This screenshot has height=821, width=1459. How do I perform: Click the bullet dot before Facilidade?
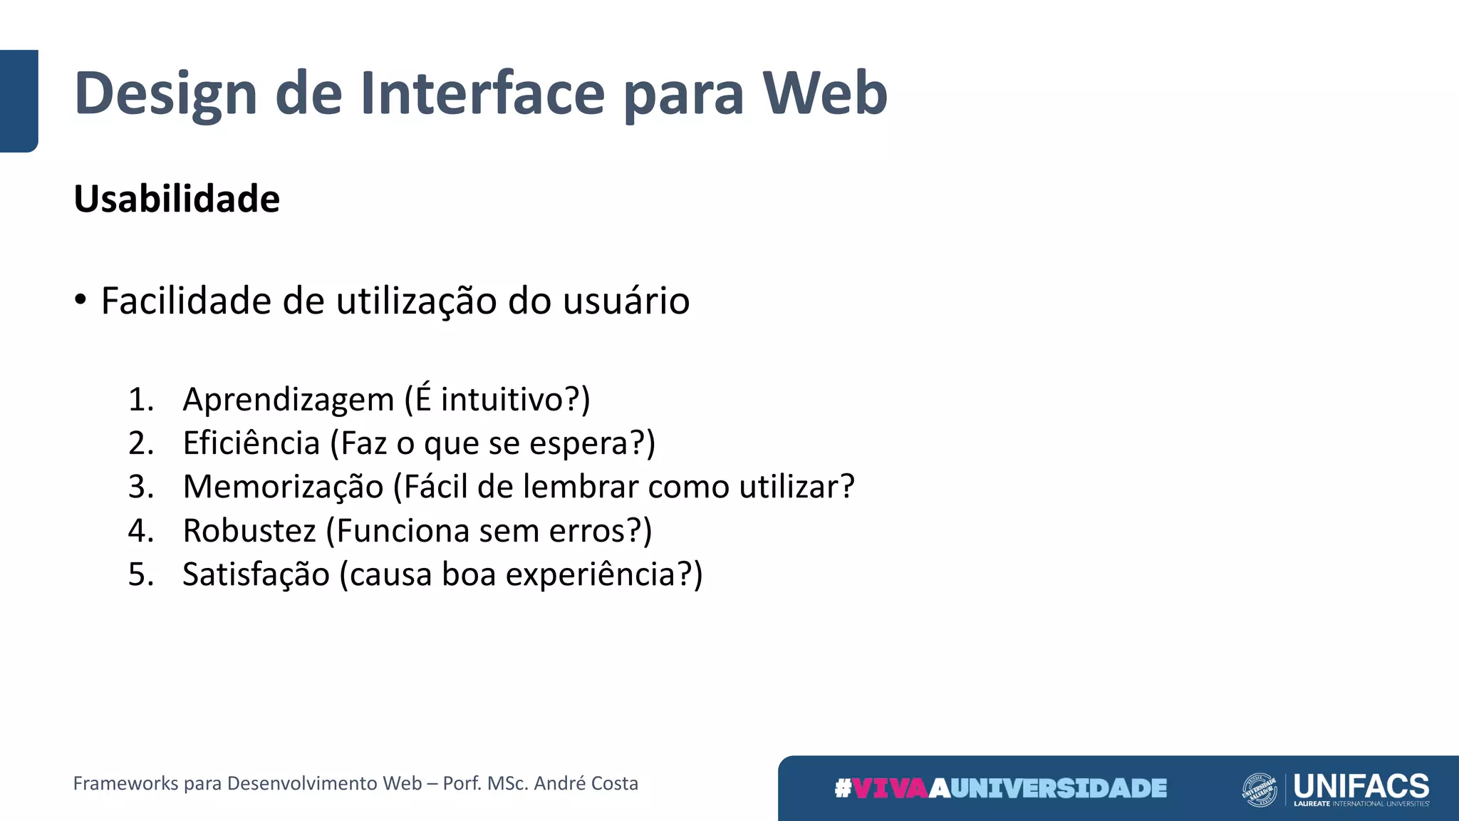pyautogui.click(x=81, y=299)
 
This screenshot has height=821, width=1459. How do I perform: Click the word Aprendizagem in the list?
pyautogui.click(x=288, y=399)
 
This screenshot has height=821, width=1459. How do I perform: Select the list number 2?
pyautogui.click(x=140, y=443)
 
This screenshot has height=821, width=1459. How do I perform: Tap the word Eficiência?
pyautogui.click(x=251, y=443)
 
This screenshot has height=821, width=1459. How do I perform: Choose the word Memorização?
pyautogui.click(x=283, y=487)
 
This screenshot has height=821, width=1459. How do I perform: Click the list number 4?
pyautogui.click(x=140, y=531)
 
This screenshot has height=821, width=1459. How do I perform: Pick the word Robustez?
pyautogui.click(x=249, y=531)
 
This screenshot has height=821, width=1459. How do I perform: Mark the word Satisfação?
pyautogui.click(x=256, y=574)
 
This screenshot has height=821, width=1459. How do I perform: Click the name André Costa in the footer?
pyautogui.click(x=586, y=783)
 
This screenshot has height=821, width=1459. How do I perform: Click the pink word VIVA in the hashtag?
pyautogui.click(x=891, y=788)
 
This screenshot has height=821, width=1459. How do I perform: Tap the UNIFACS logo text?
pyautogui.click(x=1361, y=785)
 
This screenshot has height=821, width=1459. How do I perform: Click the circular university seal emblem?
pyautogui.click(x=1259, y=790)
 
